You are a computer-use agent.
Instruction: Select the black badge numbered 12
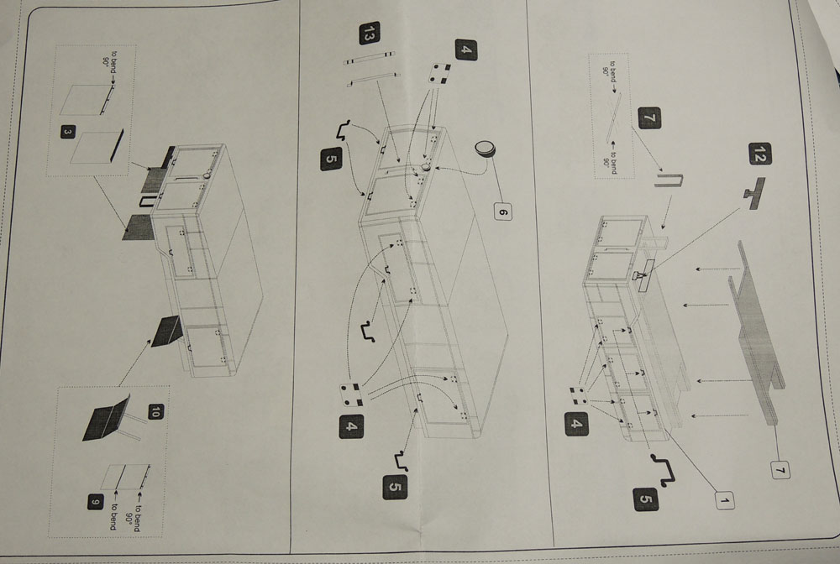click(x=758, y=154)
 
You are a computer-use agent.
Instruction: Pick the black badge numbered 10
click(x=155, y=411)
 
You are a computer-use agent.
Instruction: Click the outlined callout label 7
click(x=779, y=471)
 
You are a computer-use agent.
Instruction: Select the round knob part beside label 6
click(x=485, y=149)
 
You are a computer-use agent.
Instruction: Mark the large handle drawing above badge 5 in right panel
click(x=664, y=468)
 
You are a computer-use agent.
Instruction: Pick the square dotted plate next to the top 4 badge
click(x=438, y=74)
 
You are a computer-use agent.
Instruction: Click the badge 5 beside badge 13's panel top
click(x=331, y=157)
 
